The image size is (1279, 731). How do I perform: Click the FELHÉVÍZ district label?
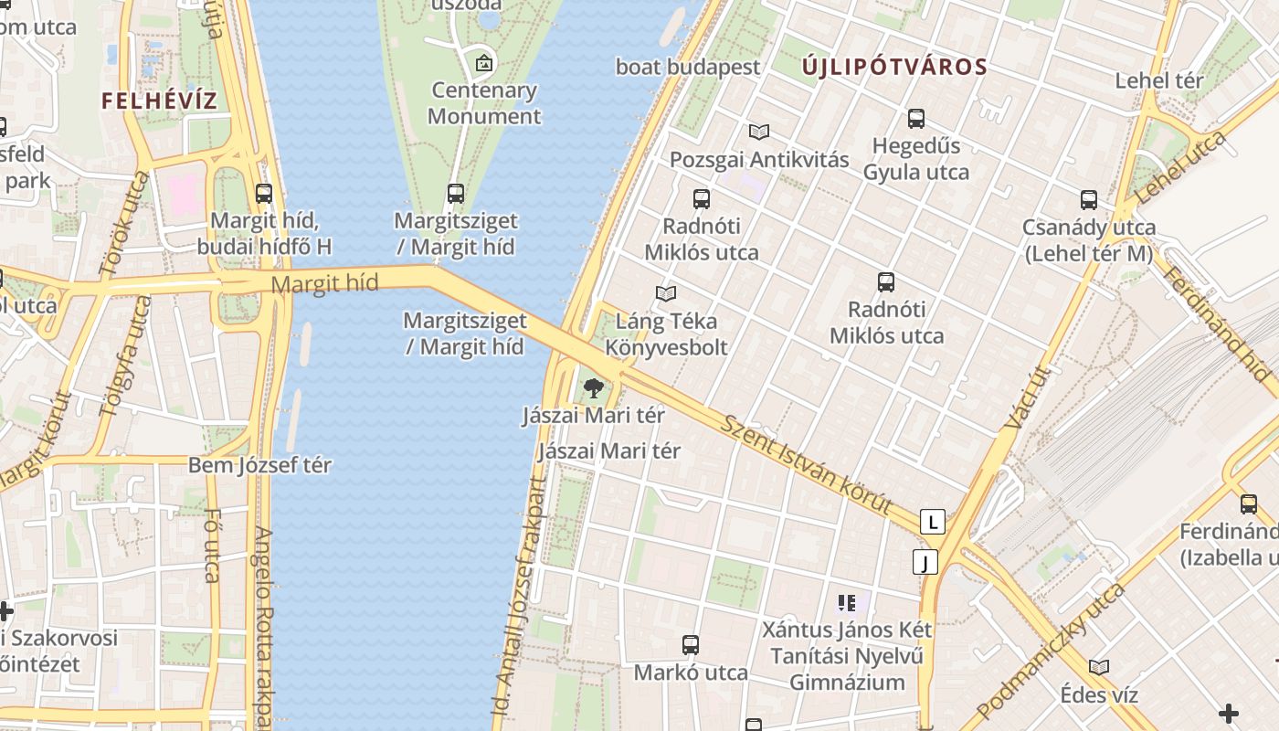point(159,101)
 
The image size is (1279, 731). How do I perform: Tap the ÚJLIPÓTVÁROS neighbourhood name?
point(894,67)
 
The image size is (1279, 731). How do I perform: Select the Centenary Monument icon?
point(483,63)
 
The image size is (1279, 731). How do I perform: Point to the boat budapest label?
point(687,67)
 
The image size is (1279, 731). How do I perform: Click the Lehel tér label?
point(1158,80)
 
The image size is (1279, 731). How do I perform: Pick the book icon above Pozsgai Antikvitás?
point(759,132)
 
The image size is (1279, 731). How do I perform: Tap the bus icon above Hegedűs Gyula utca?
point(915,119)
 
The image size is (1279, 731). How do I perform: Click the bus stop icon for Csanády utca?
point(1088,200)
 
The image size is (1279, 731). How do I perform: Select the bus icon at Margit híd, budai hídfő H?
point(264,194)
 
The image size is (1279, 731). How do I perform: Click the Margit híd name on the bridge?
point(324,283)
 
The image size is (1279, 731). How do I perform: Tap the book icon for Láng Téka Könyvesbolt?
point(666,293)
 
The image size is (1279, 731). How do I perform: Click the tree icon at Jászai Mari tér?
point(594,387)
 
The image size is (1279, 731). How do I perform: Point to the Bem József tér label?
point(259,465)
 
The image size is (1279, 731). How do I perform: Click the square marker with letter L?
point(932,522)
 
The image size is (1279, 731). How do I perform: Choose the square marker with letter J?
point(925,562)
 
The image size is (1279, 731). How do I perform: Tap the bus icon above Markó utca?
point(691,645)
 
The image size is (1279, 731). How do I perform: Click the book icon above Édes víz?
point(1099,668)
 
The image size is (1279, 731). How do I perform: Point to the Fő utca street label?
point(212,546)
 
